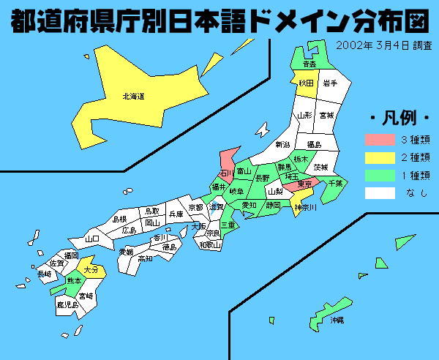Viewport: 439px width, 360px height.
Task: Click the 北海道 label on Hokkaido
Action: tap(133, 95)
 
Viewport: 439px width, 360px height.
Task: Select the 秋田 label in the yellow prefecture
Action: tap(306, 83)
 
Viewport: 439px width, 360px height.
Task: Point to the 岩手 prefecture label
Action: tap(330, 83)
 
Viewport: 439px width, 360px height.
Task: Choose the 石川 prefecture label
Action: tap(227, 173)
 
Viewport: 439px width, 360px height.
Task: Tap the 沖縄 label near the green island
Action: tap(337, 320)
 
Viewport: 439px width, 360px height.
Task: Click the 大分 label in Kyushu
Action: tap(91, 269)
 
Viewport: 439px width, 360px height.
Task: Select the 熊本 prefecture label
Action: tap(74, 280)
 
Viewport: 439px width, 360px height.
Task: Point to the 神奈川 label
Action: tap(304, 208)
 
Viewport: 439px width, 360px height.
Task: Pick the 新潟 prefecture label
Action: tap(282, 145)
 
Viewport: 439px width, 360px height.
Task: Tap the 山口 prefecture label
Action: tap(92, 239)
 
